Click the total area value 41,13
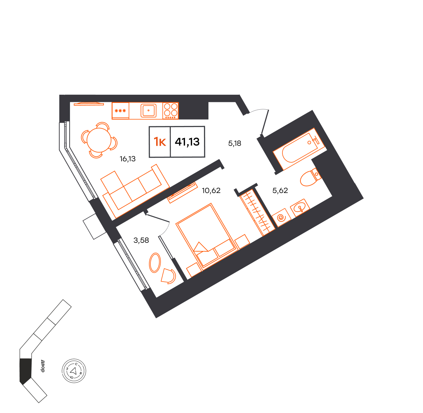pos(187,142)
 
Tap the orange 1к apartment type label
pos(160,142)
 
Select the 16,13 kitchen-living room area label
pos(128,159)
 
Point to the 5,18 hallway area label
pos(235,143)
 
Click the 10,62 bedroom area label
pos(211,191)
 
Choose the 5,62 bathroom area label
pos(280,191)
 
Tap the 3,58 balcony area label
pos(141,240)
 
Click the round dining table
pos(99,140)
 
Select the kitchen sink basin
pos(148,110)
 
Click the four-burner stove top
pos(171,111)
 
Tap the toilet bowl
pos(310,177)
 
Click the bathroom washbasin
pos(300,208)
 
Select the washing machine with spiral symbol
pos(281,218)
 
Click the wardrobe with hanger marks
pos(258,213)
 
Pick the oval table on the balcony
pos(155,263)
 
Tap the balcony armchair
pos(168,276)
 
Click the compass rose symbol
pos(74,371)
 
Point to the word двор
pos(43,366)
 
